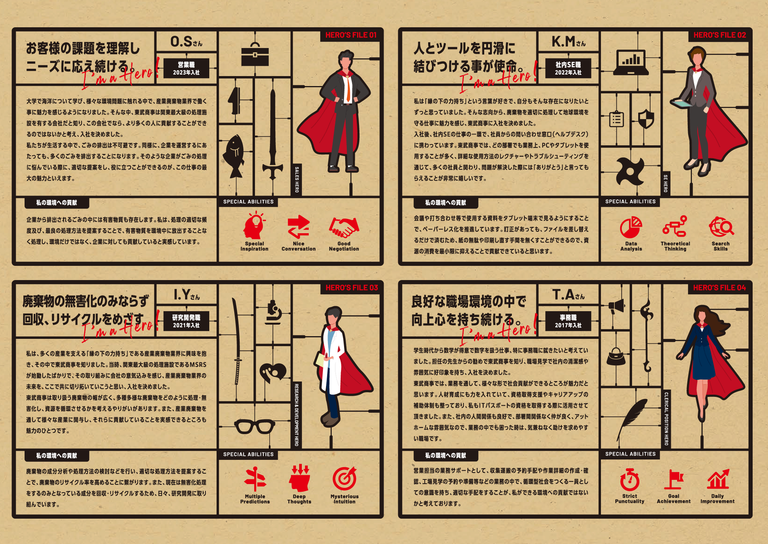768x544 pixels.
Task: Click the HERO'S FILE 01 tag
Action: point(351,35)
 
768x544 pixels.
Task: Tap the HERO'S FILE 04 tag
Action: point(719,288)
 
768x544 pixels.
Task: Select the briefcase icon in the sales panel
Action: point(255,55)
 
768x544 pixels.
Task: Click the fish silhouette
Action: point(234,156)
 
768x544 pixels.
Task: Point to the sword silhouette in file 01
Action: point(273,134)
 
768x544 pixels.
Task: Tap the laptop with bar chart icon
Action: point(631,63)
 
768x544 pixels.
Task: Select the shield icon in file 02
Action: point(646,119)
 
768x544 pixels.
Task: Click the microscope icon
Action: point(273,312)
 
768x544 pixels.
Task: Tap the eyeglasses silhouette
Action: point(255,426)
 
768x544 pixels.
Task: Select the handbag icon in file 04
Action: point(616,356)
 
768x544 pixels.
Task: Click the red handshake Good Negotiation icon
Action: point(344,228)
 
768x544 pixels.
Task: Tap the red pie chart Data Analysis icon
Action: point(631,227)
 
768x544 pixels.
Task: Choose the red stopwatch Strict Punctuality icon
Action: point(630,479)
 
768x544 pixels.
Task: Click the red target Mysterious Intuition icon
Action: point(344,479)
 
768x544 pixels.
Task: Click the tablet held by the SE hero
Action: point(681,103)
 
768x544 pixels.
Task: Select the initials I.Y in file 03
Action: point(182,295)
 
